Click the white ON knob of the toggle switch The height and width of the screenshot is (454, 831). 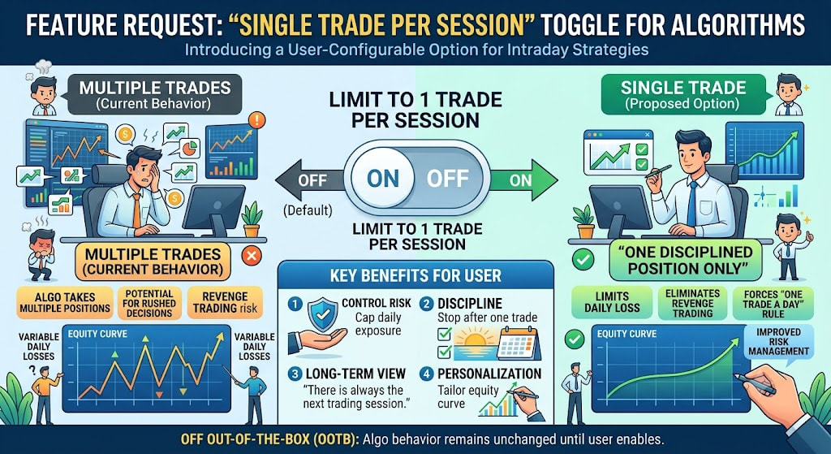383,178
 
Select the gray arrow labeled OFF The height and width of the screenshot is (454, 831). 309,180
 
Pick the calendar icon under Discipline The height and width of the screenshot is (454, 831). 519,344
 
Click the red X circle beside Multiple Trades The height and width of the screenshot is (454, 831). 252,256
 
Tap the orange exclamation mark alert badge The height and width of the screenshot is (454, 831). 256,120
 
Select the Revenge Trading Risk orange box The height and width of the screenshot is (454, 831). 226,303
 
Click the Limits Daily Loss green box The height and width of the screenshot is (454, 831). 612,303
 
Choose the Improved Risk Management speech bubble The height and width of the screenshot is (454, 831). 778,343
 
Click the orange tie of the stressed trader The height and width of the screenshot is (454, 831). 136,210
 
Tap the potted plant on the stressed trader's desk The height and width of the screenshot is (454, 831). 252,219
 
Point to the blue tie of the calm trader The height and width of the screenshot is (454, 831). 692,204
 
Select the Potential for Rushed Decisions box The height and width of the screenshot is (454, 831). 149,303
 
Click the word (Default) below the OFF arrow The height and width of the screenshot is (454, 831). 308,210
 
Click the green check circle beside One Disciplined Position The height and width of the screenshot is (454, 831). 583,260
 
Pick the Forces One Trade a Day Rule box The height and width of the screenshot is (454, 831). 773,304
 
